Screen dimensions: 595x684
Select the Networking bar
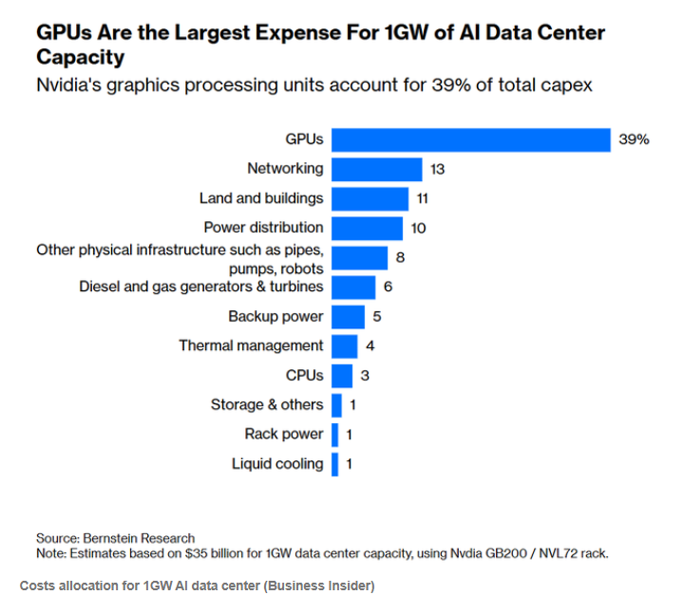click(x=376, y=169)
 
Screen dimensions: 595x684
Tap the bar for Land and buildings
click(x=370, y=198)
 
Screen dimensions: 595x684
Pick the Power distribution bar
click(x=367, y=228)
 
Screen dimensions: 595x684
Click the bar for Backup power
click(x=348, y=316)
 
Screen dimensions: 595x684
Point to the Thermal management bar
click(x=344, y=345)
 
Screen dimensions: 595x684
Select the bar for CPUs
click(x=342, y=375)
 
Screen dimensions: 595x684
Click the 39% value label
click(x=634, y=139)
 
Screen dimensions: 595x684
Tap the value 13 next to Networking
click(x=437, y=169)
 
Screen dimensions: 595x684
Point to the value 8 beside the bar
click(x=401, y=257)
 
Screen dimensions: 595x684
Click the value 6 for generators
click(x=388, y=287)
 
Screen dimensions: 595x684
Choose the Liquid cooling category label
click(x=277, y=464)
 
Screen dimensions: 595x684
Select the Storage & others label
click(x=267, y=404)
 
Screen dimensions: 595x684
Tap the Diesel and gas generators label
click(x=200, y=287)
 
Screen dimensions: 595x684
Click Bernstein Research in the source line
click(x=140, y=538)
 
